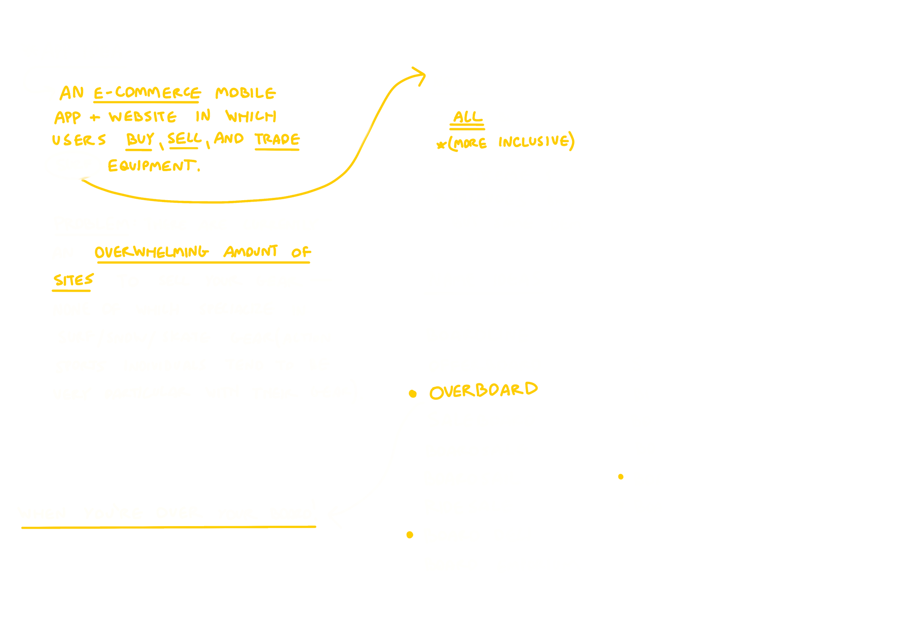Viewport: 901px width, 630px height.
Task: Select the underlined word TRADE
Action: click(x=277, y=139)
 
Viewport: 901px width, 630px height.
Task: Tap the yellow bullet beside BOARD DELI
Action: click(x=410, y=535)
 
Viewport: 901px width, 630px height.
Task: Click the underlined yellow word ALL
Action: click(x=467, y=117)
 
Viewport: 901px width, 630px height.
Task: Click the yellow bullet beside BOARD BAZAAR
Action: click(x=621, y=477)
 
